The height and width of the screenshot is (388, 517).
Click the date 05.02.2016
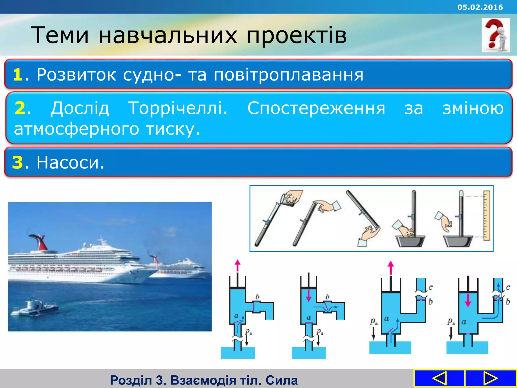(480, 7)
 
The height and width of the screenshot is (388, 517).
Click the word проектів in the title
(296, 35)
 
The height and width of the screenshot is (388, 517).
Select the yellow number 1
(18, 75)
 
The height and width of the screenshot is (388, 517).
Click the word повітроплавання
(288, 75)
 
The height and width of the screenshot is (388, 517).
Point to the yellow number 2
(20, 108)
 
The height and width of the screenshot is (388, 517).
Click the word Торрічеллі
(177, 108)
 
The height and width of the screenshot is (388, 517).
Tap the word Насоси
(70, 162)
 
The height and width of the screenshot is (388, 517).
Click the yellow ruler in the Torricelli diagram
(486, 215)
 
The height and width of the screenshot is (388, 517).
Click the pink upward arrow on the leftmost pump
(237, 265)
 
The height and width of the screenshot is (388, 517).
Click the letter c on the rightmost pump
(508, 287)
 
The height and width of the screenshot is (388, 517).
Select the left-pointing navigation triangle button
(439, 378)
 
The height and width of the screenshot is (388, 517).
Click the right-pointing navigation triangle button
(490, 378)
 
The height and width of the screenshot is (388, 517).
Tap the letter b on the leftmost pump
(257, 297)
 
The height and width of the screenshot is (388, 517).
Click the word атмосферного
(76, 129)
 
